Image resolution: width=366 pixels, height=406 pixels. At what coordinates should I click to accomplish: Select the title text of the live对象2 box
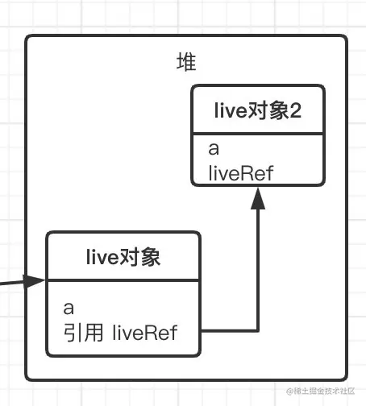coord(258,112)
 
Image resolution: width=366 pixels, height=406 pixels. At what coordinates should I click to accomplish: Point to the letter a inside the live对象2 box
coord(214,149)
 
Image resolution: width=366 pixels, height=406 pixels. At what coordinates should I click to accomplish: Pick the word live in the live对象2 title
coord(230,112)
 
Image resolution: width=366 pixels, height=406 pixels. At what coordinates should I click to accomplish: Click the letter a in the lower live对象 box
coord(69,308)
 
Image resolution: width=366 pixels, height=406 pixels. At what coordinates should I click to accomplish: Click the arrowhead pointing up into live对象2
coord(258,198)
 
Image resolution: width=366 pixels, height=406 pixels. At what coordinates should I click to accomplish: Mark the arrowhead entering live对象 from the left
coord(35,281)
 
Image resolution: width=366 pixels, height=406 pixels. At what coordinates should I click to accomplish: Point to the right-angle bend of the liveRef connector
coord(258,330)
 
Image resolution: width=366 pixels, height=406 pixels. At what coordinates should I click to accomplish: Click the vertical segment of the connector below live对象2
coord(258,266)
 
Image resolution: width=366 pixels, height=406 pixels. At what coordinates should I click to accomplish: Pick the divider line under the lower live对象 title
coord(122,280)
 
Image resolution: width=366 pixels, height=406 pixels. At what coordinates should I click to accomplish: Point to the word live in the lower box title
coord(102,258)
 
